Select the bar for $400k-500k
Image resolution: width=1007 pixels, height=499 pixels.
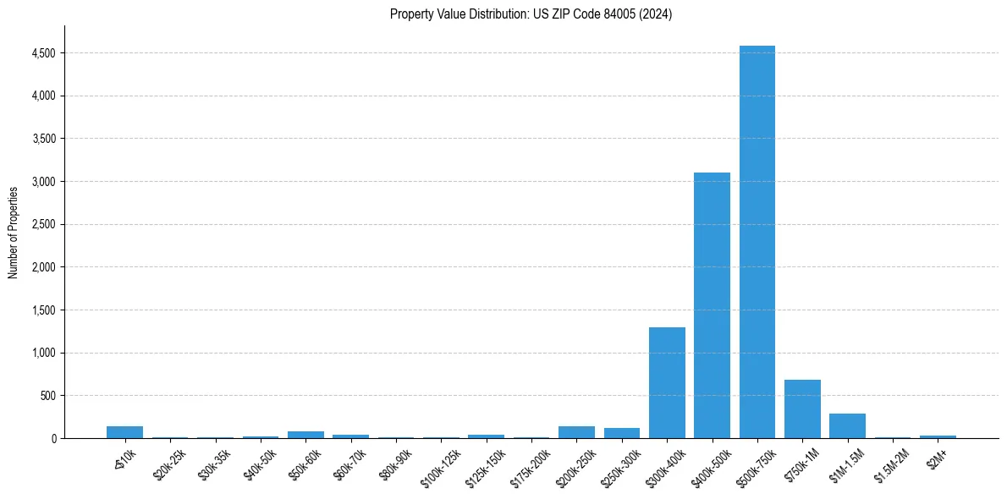[x=712, y=305]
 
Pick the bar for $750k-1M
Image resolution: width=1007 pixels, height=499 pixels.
[x=802, y=409]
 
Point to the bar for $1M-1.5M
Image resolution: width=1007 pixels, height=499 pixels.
[x=847, y=426]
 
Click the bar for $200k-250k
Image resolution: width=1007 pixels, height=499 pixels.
[x=576, y=432]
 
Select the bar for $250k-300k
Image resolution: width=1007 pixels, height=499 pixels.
[x=621, y=433]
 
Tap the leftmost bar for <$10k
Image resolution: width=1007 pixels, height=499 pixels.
[x=124, y=432]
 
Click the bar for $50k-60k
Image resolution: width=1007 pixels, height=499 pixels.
[x=305, y=435]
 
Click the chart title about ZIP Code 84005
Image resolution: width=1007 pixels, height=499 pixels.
[x=531, y=14]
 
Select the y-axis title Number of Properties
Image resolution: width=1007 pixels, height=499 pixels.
[x=14, y=232]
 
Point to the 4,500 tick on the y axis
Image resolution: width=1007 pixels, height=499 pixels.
[x=43, y=53]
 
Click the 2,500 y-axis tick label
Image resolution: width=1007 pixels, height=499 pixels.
[x=43, y=225]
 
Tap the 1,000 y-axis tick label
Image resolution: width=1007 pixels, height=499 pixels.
[x=43, y=354]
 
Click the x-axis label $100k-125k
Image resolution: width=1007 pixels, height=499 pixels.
[x=440, y=464]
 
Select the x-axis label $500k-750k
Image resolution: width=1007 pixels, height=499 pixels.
[x=756, y=464]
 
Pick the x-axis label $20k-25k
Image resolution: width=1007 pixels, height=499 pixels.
[x=170, y=462]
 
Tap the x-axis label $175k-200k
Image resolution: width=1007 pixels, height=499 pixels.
[x=530, y=464]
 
